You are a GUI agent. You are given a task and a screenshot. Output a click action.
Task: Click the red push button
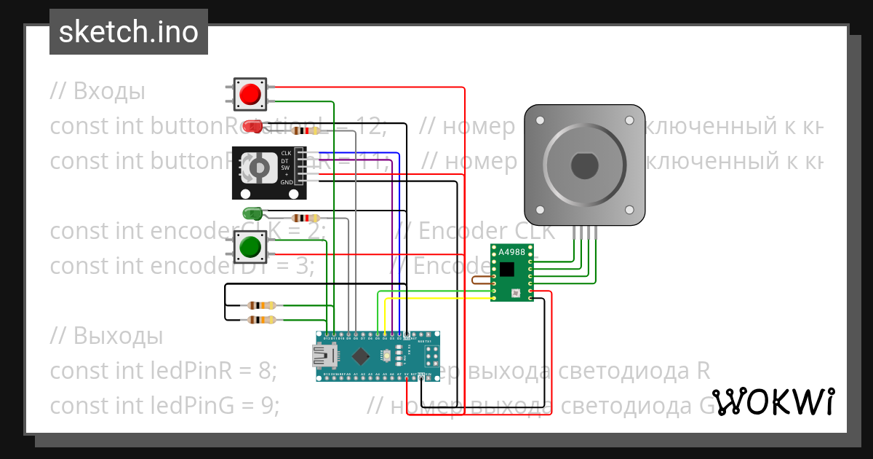[x=250, y=94]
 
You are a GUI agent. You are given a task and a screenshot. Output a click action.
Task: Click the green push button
[x=250, y=248]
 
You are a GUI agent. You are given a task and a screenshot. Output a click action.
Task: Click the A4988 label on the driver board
[x=511, y=252]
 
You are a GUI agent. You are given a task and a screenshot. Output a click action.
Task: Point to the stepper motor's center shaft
[x=584, y=165]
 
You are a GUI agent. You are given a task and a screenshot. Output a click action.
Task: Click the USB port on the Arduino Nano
[x=322, y=356]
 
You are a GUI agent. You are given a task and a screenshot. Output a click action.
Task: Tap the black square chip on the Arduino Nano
[x=361, y=356]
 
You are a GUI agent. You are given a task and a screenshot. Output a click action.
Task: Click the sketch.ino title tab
[x=129, y=32]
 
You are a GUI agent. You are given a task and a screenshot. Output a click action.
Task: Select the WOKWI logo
[x=773, y=401]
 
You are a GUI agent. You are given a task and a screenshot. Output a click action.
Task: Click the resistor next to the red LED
[x=306, y=131]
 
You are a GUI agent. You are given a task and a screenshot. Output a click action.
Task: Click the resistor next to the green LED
[x=305, y=218]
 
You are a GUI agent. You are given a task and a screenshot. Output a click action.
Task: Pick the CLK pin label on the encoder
[x=286, y=153]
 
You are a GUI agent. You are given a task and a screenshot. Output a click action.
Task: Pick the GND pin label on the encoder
[x=286, y=182]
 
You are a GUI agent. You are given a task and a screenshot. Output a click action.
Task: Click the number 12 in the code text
[x=372, y=126]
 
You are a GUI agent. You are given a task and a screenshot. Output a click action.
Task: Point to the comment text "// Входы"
[x=97, y=92]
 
